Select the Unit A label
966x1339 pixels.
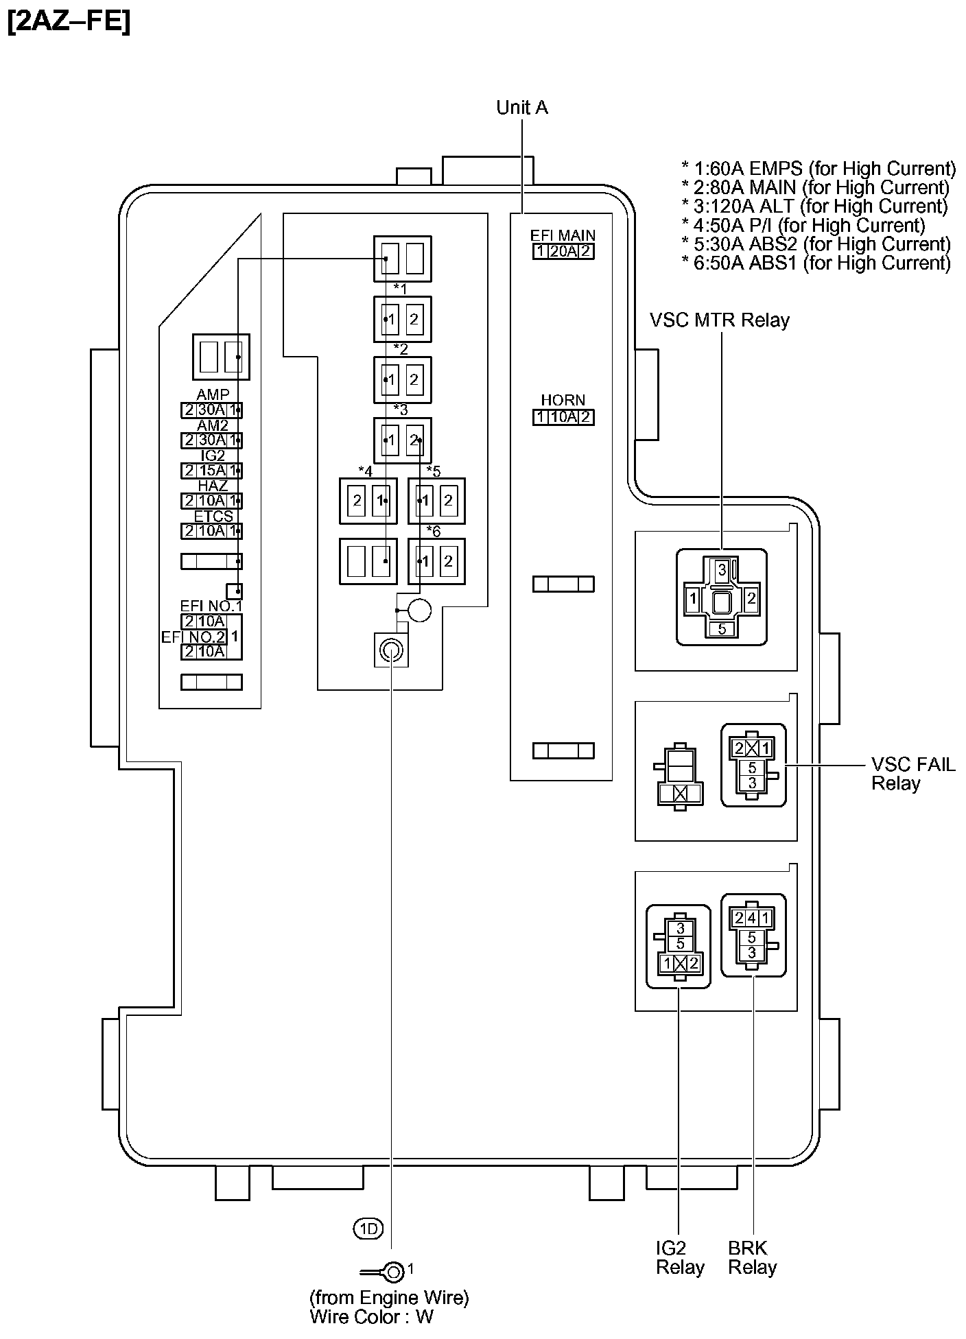522,108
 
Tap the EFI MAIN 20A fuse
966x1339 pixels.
563,251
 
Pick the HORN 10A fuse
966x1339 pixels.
563,417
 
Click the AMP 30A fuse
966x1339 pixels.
211,410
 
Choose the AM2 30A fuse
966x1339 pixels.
211,440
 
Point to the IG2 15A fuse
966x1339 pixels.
211,471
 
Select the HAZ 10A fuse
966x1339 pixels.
211,501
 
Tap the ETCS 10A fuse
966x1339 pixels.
211,531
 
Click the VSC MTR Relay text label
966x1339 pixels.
720,320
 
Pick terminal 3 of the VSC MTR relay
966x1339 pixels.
722,569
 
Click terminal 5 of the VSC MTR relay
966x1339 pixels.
722,629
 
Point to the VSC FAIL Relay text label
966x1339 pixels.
912,774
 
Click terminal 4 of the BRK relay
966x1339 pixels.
752,918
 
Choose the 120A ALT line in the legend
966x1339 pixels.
815,206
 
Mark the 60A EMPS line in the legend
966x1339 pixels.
818,169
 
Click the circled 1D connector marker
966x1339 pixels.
368,1229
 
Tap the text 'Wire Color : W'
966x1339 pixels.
371,1316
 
